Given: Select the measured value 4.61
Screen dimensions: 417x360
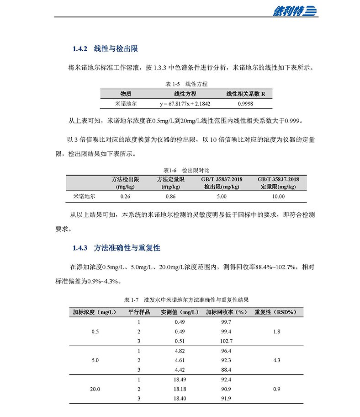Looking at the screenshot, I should click(x=179, y=360).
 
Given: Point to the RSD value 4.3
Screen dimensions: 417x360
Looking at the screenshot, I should click(x=276, y=360).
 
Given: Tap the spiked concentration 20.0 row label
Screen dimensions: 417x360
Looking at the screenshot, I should click(x=95, y=389).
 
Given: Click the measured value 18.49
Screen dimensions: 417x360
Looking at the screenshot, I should click(x=180, y=380).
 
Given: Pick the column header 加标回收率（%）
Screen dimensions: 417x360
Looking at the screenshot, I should click(x=226, y=312).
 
